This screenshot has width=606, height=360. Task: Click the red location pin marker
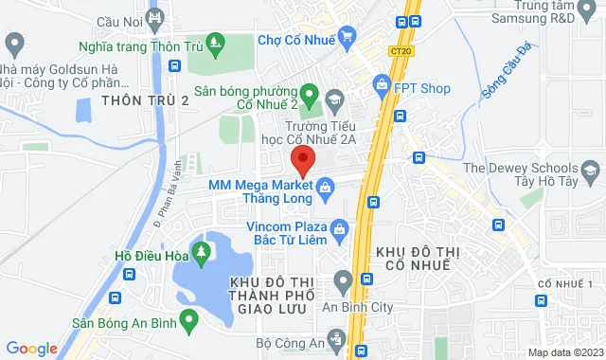[x=302, y=160]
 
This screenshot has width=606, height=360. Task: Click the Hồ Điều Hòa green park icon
[x=201, y=252]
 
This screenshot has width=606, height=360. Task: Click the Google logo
[x=31, y=348]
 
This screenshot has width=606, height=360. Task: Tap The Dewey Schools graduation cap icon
[x=592, y=172]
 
